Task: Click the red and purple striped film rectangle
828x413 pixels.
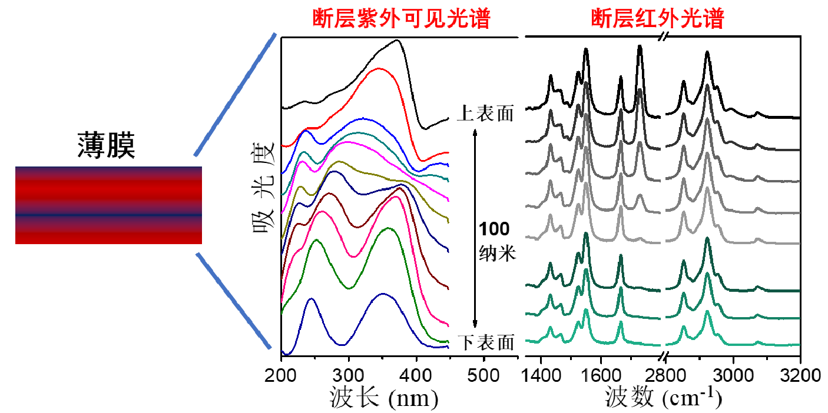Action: pyautogui.click(x=108, y=205)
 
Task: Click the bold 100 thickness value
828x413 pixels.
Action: pyautogui.click(x=494, y=229)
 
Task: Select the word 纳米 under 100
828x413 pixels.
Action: pyautogui.click(x=494, y=254)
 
